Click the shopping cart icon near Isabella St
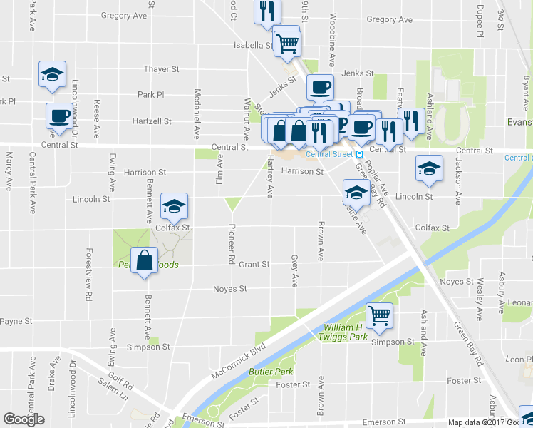click(x=287, y=42)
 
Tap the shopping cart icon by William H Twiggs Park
click(x=380, y=315)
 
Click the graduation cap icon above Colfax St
click(x=173, y=207)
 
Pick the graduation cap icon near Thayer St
click(x=53, y=74)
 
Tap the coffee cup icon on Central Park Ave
click(x=60, y=116)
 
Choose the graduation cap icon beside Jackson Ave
click(x=429, y=169)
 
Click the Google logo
click(x=24, y=419)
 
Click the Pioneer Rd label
click(x=231, y=247)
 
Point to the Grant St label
click(x=254, y=265)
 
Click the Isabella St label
click(x=254, y=45)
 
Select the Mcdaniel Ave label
click(x=196, y=113)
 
